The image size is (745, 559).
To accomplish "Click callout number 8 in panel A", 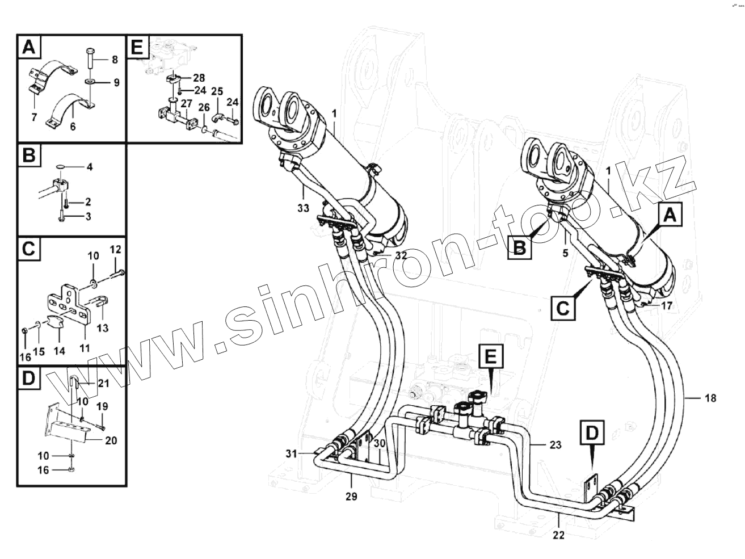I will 115,59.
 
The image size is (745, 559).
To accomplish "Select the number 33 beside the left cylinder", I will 302,208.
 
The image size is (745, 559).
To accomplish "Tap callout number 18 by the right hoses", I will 709,398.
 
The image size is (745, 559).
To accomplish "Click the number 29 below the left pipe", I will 351,497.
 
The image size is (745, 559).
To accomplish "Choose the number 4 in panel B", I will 89,167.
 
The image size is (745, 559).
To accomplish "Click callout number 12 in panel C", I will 115,249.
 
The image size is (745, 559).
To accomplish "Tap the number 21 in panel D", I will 103,384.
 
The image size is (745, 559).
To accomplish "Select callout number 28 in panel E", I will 199,77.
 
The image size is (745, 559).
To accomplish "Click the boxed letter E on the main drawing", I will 491,357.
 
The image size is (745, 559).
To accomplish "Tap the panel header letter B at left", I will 30,156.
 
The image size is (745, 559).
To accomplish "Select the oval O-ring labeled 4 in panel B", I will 61,167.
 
